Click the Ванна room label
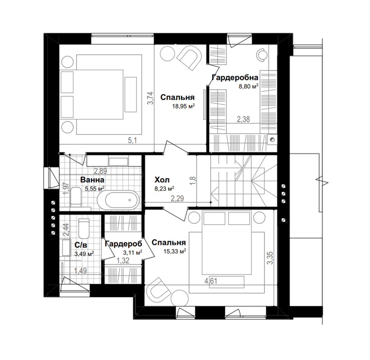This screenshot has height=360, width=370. (x=92, y=180)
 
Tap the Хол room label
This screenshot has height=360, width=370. (x=162, y=180)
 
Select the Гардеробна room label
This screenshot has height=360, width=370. (x=235, y=77)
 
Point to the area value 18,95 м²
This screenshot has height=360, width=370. (x=184, y=106)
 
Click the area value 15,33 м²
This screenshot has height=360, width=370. (x=175, y=251)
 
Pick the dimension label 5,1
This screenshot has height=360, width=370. (x=132, y=140)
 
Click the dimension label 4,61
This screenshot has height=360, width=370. (x=211, y=281)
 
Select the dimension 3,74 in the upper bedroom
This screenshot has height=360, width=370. (x=150, y=98)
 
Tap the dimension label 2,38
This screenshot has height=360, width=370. (x=243, y=119)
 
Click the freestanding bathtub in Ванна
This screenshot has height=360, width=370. (x=118, y=200)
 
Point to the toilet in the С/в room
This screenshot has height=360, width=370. (x=84, y=228)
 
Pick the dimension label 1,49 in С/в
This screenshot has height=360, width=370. (x=80, y=271)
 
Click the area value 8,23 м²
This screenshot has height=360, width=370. (x=165, y=189)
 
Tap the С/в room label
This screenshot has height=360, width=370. (x=81, y=245)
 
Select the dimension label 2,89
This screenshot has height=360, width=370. (x=101, y=170)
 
